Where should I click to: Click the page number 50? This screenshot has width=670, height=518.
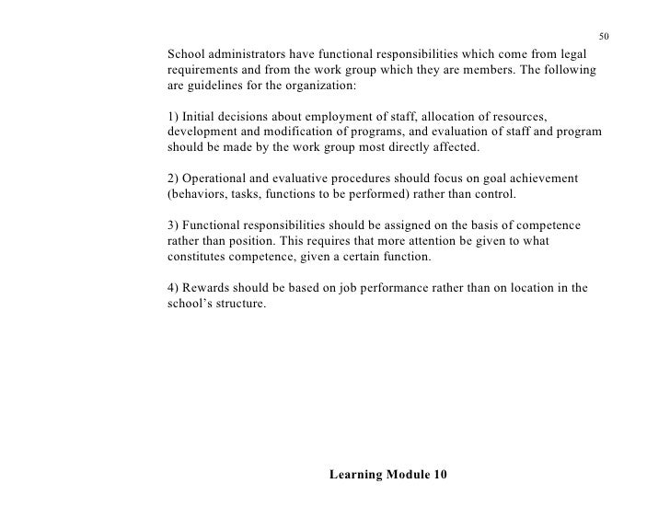click(x=603, y=36)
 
